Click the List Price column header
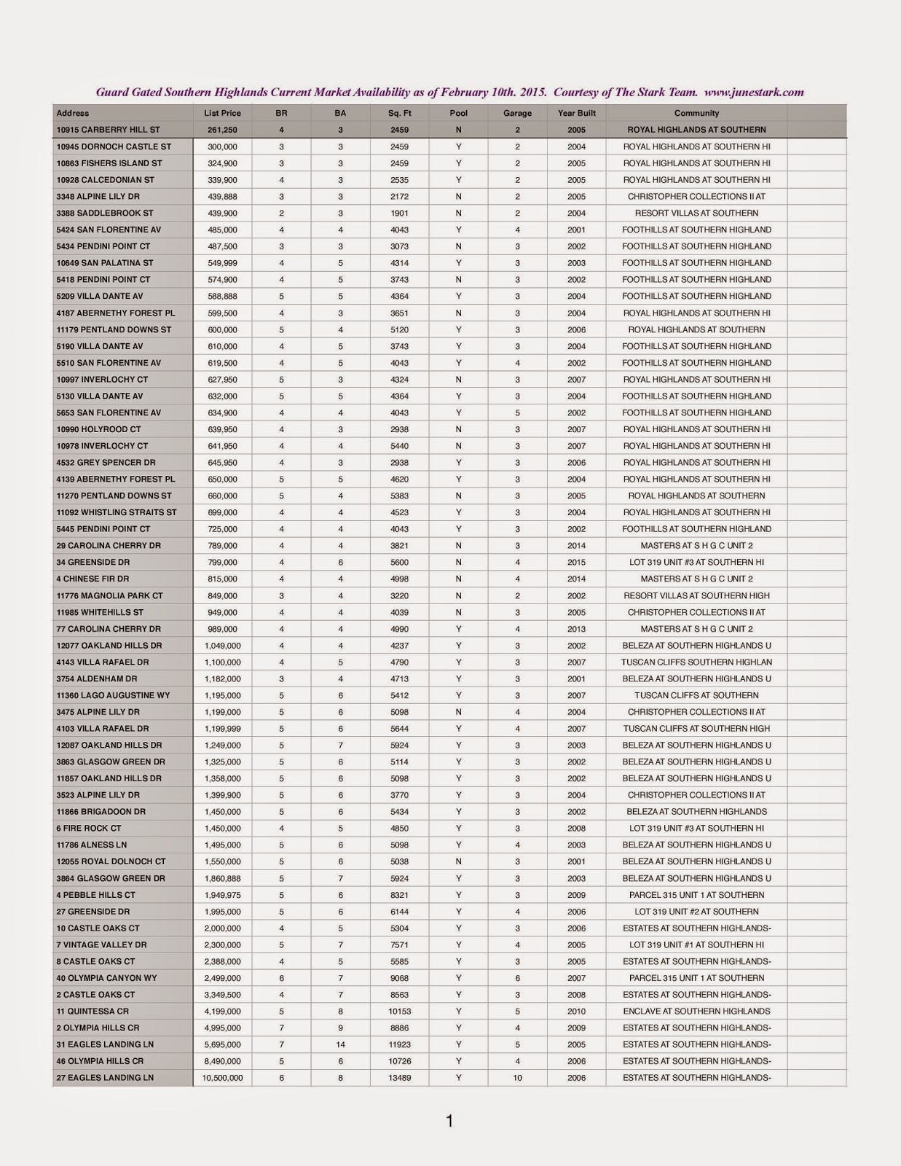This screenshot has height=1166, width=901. (221, 113)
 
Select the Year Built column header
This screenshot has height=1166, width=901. (576, 113)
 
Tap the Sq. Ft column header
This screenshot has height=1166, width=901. (400, 113)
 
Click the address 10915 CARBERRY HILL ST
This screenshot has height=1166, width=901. (108, 130)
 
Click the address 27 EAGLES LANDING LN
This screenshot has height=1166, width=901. (105, 1078)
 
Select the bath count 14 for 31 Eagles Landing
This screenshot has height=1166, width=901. (340, 1044)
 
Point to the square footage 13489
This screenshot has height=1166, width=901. (400, 1078)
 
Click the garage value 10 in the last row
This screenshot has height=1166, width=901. (517, 1078)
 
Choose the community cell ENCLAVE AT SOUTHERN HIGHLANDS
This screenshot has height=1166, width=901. (696, 1012)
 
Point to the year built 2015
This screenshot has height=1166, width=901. (576, 563)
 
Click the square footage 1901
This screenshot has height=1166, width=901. (400, 214)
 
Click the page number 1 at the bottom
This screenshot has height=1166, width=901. (449, 1122)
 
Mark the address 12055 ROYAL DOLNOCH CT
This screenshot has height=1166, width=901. (111, 861)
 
